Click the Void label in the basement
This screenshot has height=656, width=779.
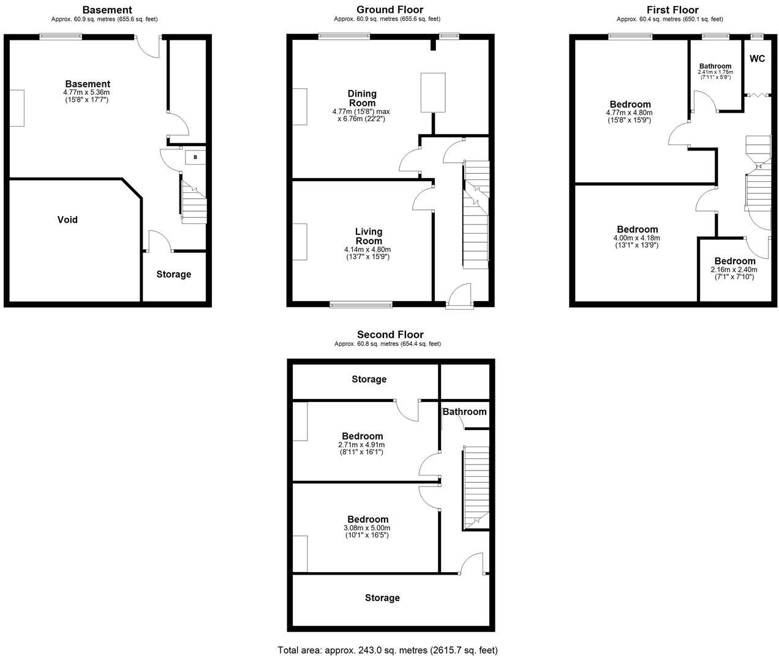coord(67,220)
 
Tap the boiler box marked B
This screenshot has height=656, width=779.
coord(195,157)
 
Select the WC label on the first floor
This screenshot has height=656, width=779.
coord(757,59)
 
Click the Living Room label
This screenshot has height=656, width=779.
coord(369,236)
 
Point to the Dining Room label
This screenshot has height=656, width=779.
coord(362,98)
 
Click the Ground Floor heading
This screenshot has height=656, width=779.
coord(389,9)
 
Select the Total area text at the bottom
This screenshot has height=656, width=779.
coord(388,650)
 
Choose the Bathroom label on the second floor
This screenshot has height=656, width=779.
coord(464,411)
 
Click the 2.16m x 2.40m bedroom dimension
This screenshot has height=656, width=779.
coord(734,269)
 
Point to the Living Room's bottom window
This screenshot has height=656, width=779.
coord(361,304)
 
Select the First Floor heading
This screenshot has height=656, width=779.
coord(672,9)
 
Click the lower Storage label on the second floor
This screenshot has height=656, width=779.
coord(382,598)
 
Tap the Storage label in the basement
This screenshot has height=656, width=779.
coord(173,274)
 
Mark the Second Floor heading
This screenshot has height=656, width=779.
coord(389,334)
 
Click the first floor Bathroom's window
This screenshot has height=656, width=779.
coord(715,36)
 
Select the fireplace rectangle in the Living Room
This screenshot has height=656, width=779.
coord(299,242)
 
